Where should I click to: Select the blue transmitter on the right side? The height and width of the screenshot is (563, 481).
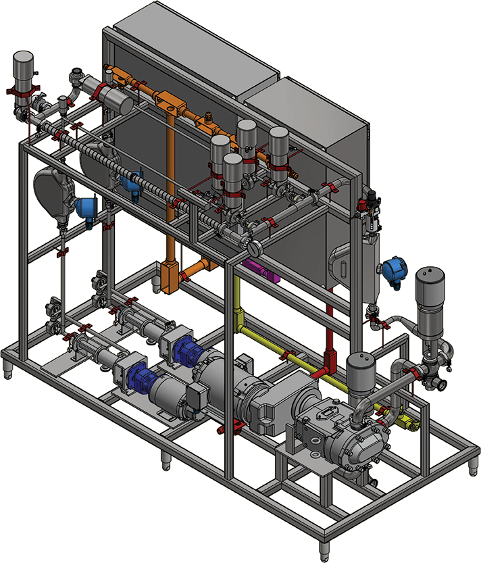(x=392, y=270)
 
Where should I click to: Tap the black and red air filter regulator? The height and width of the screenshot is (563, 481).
(x=372, y=202)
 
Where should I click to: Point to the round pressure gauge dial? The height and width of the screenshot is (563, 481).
(x=257, y=245)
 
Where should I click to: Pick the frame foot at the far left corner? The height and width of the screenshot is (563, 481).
(x=7, y=369)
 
